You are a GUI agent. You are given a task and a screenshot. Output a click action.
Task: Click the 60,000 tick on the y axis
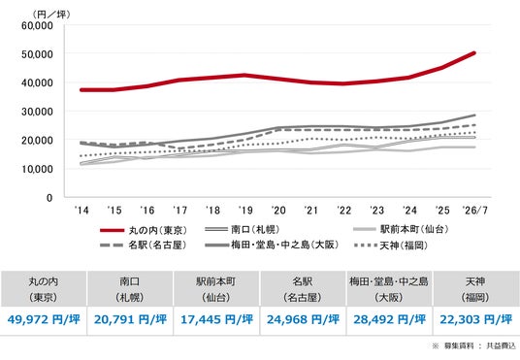pyautogui.click(x=37, y=25)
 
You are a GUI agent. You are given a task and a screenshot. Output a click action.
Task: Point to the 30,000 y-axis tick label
pyautogui.click(x=37, y=112)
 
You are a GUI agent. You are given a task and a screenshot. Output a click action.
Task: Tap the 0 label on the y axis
pyautogui.click(x=49, y=198)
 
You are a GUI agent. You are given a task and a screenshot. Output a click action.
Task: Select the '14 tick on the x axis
pyautogui.click(x=81, y=211)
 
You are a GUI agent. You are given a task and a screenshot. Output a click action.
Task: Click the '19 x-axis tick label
pyautogui.click(x=245, y=211)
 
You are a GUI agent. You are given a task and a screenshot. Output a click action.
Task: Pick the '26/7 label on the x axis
pyautogui.click(x=475, y=211)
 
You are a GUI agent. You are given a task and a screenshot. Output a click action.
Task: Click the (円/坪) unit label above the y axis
pyautogui.click(x=51, y=15)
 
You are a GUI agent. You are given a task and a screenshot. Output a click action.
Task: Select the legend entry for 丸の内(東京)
pyautogui.click(x=144, y=230)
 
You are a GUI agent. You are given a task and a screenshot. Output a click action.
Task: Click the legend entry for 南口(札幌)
pyautogui.click(x=243, y=229)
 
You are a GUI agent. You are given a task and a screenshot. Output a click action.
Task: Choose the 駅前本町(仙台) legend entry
pyautogui.click(x=401, y=229)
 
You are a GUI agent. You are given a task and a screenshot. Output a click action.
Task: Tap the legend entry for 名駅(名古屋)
pyautogui.click(x=144, y=245)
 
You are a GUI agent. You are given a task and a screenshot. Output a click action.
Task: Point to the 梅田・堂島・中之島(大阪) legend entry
pyautogui.click(x=272, y=245)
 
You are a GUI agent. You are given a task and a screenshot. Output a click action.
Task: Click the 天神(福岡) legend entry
pyautogui.click(x=391, y=245)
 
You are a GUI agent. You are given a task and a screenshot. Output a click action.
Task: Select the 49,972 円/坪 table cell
pyautogui.click(x=44, y=320)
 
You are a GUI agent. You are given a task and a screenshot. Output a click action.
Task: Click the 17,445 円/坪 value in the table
pyautogui.click(x=216, y=320)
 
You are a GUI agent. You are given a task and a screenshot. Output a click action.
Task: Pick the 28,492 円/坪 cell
pyautogui.click(x=389, y=320)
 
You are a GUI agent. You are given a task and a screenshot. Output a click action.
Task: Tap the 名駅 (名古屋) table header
pyautogui.click(x=303, y=289)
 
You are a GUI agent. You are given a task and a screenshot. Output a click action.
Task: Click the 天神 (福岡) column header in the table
pyautogui.click(x=475, y=289)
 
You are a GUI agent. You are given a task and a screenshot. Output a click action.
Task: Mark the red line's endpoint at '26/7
pyautogui.click(x=474, y=53)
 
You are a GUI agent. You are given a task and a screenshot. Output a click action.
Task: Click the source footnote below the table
pyautogui.click(x=473, y=346)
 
